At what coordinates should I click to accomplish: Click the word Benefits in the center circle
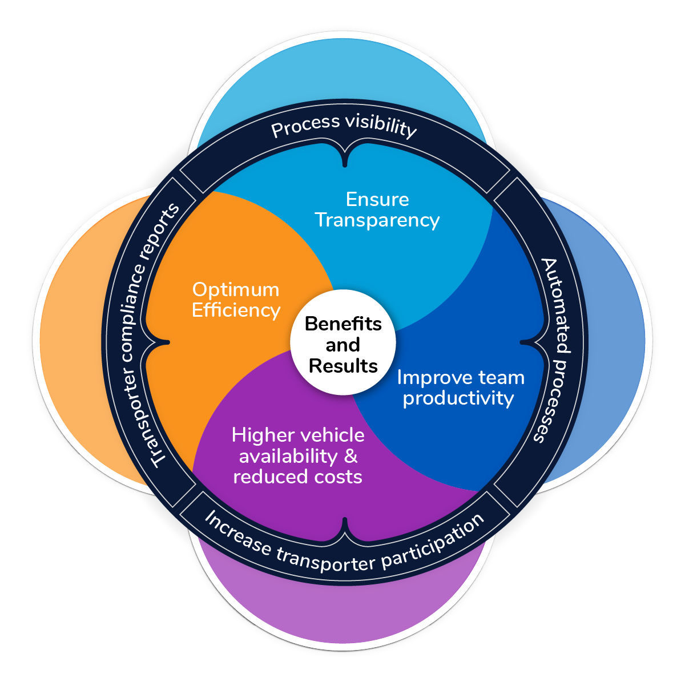(343, 324)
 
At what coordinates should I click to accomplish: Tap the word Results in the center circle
(343, 366)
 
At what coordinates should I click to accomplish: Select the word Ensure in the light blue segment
(377, 199)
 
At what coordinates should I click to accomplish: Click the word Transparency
(377, 220)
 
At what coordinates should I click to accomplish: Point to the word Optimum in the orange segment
(236, 290)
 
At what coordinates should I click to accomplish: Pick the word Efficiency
(236, 310)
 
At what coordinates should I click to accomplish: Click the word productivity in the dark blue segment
(458, 398)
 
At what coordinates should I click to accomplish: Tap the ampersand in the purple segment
(351, 456)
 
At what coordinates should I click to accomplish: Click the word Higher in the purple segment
(258, 435)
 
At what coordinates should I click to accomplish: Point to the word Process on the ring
(299, 127)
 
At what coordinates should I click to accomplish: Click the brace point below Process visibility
(345, 165)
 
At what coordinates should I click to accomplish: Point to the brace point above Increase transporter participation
(345, 519)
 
